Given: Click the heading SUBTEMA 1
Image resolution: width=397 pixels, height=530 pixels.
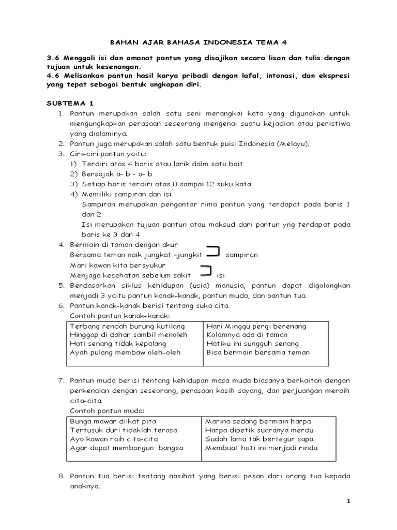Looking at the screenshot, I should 69,104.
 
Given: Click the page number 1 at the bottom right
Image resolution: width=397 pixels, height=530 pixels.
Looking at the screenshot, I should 348,501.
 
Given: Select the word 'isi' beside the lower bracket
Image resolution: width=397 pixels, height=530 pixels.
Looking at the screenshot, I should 220,275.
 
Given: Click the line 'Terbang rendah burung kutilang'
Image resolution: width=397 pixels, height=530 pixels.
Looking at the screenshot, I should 127,326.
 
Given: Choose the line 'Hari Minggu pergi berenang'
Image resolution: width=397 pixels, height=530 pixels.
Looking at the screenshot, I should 256,326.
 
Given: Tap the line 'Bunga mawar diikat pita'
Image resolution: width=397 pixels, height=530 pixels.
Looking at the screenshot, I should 113,421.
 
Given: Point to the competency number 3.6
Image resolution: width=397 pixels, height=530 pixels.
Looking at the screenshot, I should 53,58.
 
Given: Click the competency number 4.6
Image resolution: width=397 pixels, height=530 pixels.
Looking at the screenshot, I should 53,76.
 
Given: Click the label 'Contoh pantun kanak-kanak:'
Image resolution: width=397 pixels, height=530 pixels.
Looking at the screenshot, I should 119,316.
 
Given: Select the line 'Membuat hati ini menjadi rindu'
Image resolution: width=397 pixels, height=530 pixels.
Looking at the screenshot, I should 262,448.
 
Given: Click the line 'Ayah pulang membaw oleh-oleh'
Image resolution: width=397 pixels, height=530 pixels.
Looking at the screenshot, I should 125,352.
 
